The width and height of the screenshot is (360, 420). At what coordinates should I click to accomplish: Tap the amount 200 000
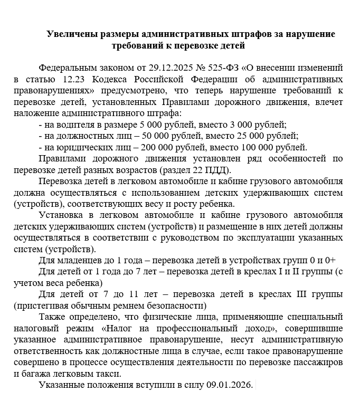click(153, 147)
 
